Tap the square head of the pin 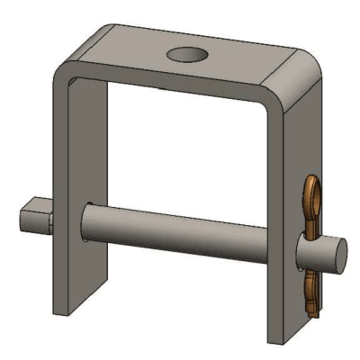tap(35, 218)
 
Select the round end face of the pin tap(335, 253)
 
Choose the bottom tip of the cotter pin tap(310, 314)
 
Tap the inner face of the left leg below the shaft tap(94, 279)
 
